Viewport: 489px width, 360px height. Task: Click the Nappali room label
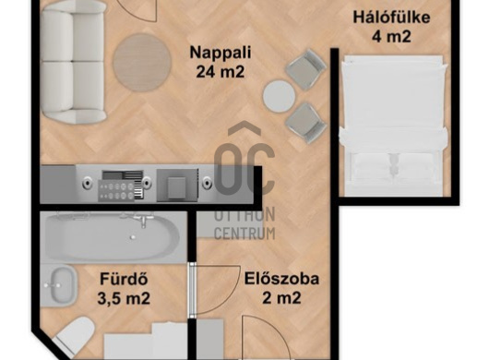[221, 53]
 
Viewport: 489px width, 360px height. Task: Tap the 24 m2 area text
[221, 72]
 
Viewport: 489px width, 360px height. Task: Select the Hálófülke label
[391, 18]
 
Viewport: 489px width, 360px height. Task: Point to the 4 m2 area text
[391, 37]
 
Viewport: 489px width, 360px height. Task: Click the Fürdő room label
[124, 279]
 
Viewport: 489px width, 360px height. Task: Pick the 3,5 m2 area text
[124, 298]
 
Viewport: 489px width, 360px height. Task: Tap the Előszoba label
[281, 279]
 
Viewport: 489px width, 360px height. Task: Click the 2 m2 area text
[281, 297]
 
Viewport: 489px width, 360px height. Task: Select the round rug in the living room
[142, 63]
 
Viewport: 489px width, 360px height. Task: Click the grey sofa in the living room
[73, 64]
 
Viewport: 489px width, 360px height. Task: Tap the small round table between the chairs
[279, 96]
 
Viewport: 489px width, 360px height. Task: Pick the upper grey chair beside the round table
[306, 69]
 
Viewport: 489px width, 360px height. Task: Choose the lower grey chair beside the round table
[306, 124]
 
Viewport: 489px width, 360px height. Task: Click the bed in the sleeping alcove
[393, 126]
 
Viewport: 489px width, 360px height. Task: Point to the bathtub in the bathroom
[113, 235]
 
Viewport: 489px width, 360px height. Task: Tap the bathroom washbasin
[64, 285]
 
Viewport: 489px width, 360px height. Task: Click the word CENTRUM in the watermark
[244, 233]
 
